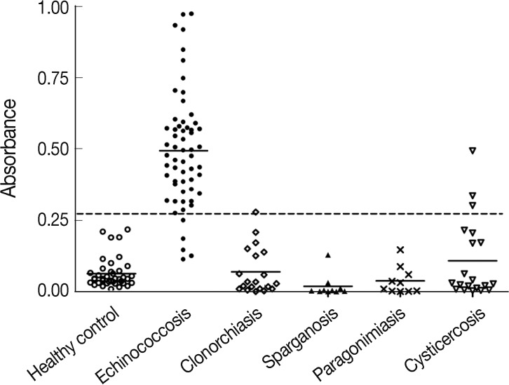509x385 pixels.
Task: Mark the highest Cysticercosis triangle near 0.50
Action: click(x=473, y=151)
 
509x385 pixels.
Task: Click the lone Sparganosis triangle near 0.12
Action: click(x=328, y=255)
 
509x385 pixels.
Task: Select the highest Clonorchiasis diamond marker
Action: click(x=256, y=212)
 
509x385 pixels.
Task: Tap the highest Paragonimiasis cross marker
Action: click(x=400, y=250)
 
